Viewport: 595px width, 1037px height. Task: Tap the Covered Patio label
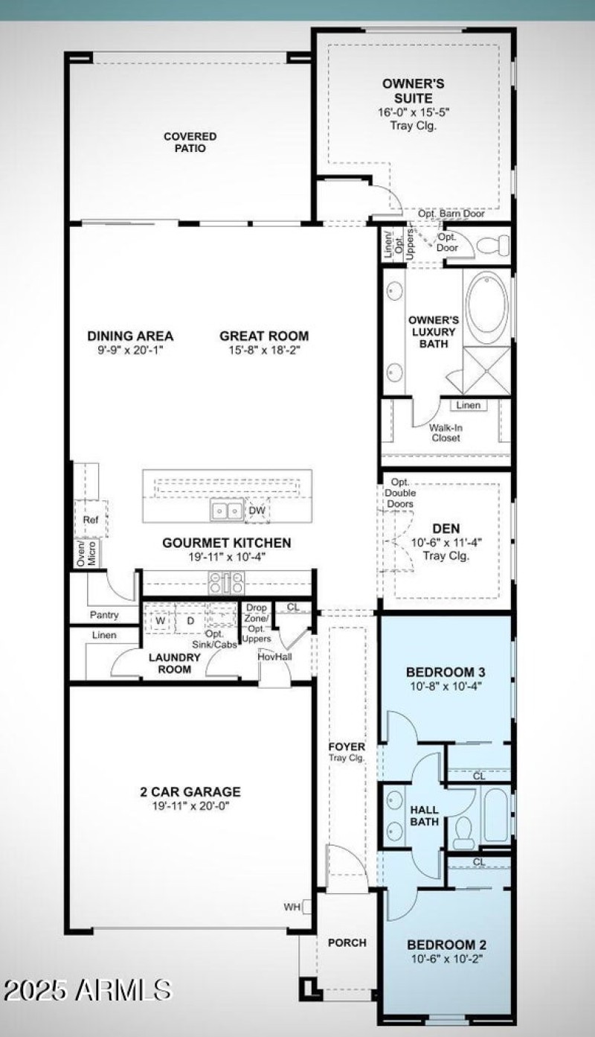click(190, 142)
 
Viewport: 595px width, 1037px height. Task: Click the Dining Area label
click(130, 336)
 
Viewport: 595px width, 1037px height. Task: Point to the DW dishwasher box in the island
click(257, 511)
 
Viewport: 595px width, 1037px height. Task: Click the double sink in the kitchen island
click(227, 511)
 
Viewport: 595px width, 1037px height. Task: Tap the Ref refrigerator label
click(91, 520)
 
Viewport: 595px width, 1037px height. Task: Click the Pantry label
click(104, 616)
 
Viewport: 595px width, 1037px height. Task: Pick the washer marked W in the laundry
click(160, 620)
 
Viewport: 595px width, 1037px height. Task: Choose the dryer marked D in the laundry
click(190, 620)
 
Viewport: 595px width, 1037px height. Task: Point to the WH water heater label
click(292, 907)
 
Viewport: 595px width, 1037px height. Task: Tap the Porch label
click(347, 942)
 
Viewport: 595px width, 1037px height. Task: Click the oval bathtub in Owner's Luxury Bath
click(487, 305)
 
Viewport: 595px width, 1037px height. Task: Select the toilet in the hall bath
click(463, 832)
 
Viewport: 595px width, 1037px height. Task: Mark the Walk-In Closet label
click(445, 433)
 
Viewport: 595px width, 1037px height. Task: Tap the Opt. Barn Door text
click(451, 214)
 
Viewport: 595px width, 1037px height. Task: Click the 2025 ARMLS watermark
click(88, 990)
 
